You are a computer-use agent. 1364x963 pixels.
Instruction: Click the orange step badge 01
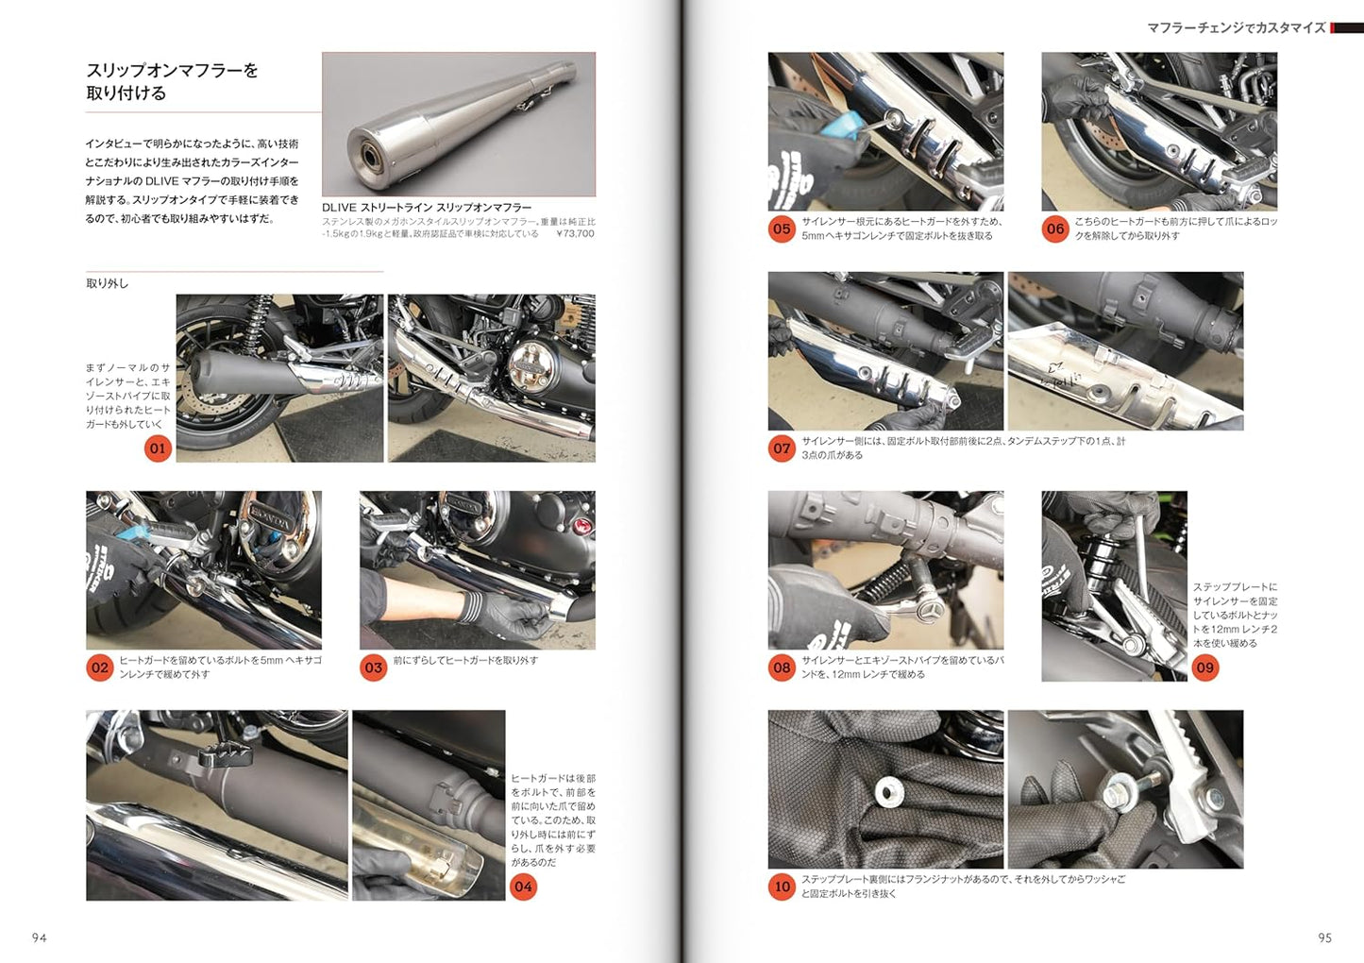pos(158,448)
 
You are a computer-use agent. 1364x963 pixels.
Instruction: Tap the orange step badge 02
pos(100,667)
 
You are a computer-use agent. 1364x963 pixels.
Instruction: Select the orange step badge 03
pos(374,667)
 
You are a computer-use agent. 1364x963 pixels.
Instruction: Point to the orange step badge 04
pos(523,887)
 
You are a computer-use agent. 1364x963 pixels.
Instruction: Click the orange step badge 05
pos(782,228)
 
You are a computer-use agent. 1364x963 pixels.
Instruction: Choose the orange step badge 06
pos(1055,228)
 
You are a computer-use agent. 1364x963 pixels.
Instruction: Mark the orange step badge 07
pos(782,448)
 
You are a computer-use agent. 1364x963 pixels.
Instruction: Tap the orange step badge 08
pos(782,667)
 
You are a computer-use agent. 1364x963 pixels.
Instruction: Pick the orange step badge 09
pos(1205,667)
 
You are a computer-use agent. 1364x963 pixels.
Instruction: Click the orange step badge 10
pos(782,887)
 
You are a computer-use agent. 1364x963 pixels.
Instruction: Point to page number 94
pos(40,938)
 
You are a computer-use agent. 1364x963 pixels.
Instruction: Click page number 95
pos(1324,938)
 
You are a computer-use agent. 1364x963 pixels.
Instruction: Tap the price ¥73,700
pos(575,233)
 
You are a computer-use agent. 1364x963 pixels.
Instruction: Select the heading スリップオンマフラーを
pos(172,71)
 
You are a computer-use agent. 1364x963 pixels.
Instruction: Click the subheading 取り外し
pos(108,283)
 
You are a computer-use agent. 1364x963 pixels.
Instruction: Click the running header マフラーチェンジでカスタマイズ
pos(1237,28)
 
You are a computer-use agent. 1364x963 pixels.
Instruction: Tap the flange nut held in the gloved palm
pos(886,791)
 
